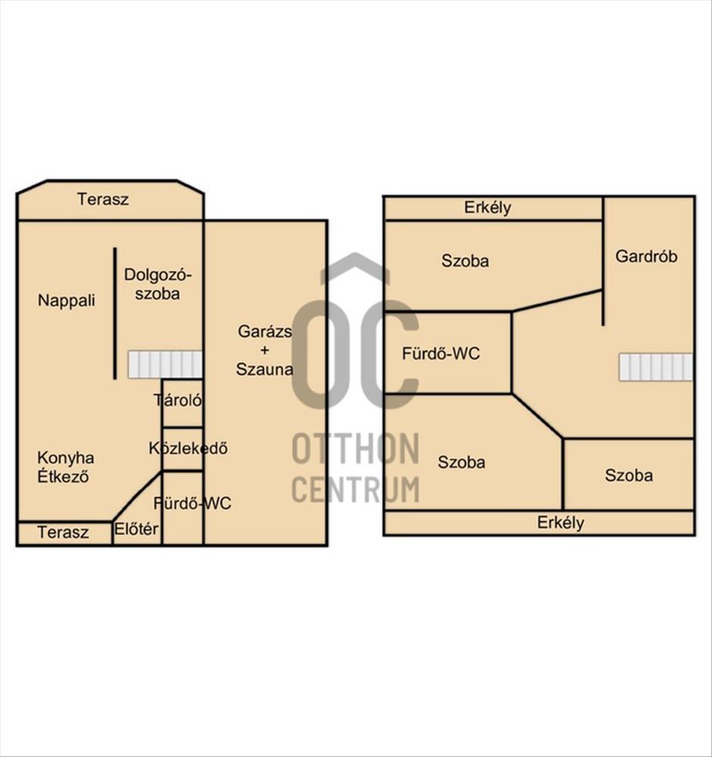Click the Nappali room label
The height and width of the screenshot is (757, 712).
pos(67,301)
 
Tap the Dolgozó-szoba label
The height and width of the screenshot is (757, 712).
pos(158,284)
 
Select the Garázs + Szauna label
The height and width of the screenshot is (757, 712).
pos(264,350)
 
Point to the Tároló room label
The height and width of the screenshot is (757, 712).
pos(178,400)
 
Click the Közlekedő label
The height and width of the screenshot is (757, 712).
pos(188,448)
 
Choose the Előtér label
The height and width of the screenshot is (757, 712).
pos(136,529)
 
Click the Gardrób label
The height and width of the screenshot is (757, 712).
pos(646,256)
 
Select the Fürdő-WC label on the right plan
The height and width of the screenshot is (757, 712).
pos(441,354)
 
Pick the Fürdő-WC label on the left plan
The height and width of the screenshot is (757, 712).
pos(192,503)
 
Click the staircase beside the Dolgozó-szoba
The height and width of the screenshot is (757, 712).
pos(164,365)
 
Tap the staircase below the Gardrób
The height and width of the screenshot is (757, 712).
pos(656,367)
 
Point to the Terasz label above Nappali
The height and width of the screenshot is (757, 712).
pos(103,199)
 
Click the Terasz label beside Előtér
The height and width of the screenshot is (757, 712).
pos(63,532)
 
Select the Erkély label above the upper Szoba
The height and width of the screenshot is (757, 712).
pos(487,207)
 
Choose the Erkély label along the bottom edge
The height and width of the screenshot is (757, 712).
pos(561,522)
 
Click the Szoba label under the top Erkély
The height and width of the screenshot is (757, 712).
pos(465,260)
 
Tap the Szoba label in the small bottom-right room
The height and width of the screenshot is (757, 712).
pos(629,475)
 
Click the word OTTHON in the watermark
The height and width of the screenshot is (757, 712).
pos(356,449)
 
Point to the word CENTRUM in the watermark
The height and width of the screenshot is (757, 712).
pos(356,488)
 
